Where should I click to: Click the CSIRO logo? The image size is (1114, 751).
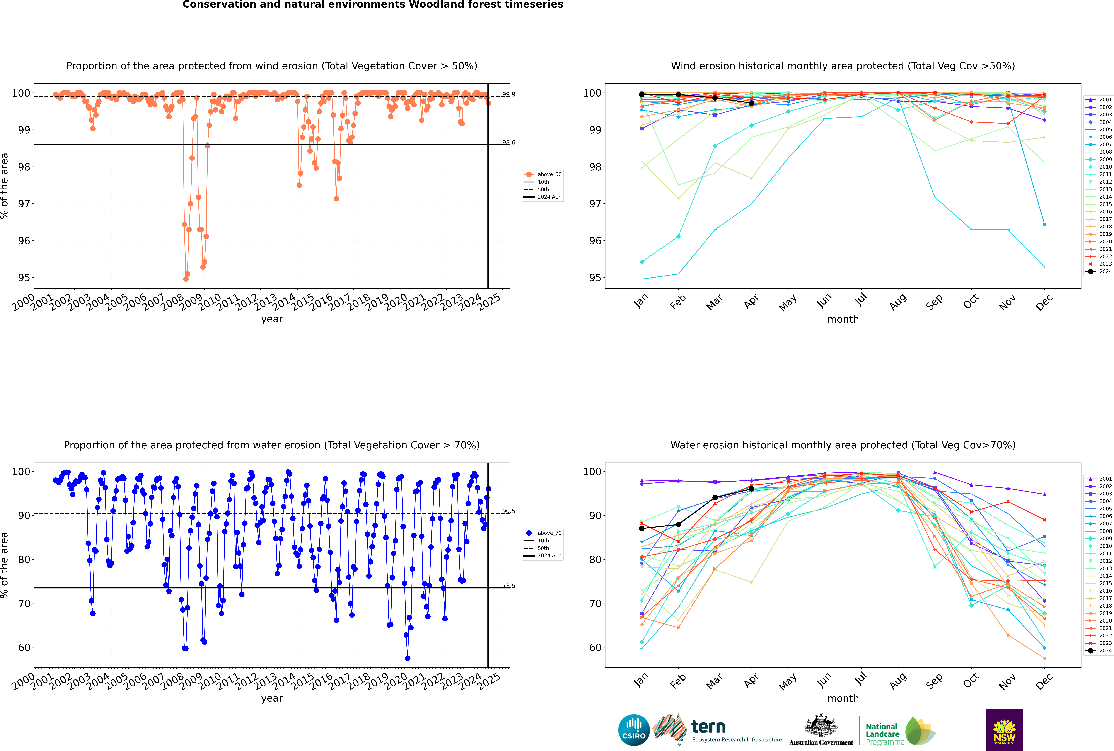coord(634,730)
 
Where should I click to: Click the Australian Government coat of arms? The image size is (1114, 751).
coord(821,726)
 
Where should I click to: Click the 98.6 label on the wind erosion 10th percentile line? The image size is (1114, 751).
coord(509,142)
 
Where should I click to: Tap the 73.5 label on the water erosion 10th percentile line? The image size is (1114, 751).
coord(509,586)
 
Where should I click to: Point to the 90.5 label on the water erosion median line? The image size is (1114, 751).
coord(509,511)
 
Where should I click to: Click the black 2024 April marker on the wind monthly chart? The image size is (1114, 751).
coord(752,103)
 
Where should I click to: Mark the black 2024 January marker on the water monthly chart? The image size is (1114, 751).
coord(642,528)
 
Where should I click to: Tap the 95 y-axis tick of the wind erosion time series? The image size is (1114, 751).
coord(24,278)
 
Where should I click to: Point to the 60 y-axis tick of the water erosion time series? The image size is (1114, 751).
coord(24,648)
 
